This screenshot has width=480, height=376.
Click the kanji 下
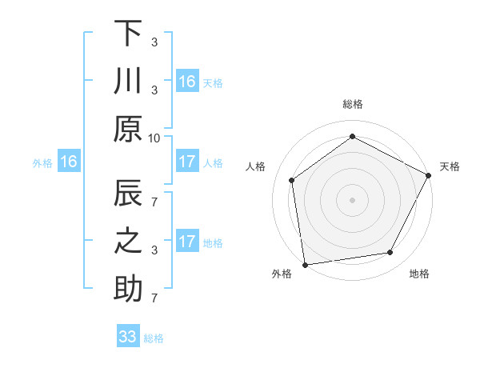click(128, 33)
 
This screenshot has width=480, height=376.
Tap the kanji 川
click(128, 82)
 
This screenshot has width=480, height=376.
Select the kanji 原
click(128, 128)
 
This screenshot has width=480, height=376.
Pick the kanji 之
click(128, 242)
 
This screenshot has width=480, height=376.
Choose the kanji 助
click(128, 290)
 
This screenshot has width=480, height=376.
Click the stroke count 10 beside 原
click(154, 137)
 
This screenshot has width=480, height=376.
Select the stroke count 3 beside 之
click(154, 250)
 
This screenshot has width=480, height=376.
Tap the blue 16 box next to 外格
click(68, 162)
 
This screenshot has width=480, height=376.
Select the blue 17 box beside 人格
click(186, 162)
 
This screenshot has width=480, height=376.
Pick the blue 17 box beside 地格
click(186, 242)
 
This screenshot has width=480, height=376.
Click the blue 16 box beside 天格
click(186, 82)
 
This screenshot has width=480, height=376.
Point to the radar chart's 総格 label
click(352, 104)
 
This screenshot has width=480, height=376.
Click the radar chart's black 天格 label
click(450, 166)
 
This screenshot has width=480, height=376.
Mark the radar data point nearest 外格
click(304, 264)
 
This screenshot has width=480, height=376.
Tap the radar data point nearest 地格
click(390, 253)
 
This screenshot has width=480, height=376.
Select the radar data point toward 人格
click(292, 180)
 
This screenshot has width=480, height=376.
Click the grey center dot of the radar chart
click(352, 199)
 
